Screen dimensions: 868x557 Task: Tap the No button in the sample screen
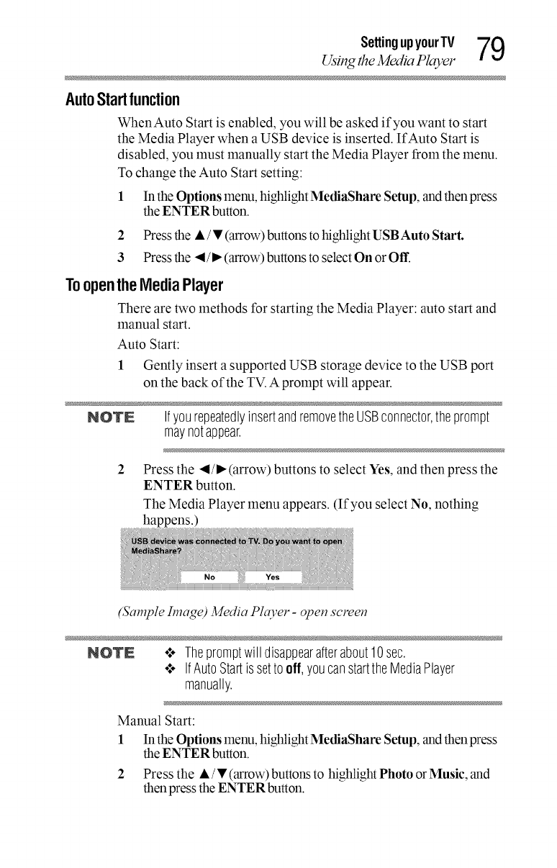[x=210, y=576]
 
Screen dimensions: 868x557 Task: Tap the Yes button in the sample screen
[x=273, y=576]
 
